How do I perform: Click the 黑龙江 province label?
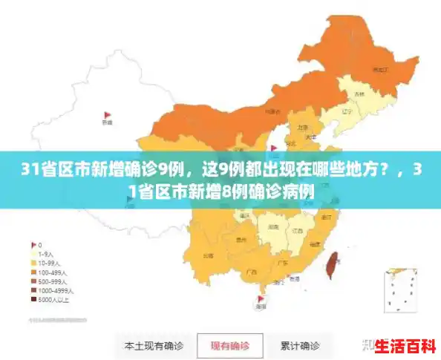(x=380, y=69)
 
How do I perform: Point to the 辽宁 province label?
(x=346, y=112)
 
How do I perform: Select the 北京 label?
(x=303, y=127)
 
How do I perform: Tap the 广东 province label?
(x=283, y=264)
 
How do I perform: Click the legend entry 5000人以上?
(x=53, y=300)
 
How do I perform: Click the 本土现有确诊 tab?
(x=154, y=345)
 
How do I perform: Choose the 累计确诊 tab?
(x=299, y=345)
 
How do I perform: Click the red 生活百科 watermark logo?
(x=405, y=345)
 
